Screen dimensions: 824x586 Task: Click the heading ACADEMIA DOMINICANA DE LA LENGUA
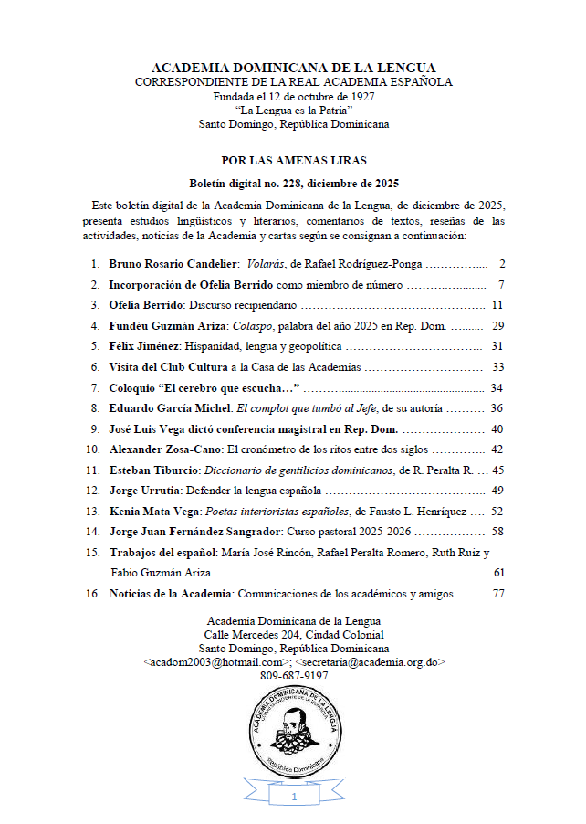pyautogui.click(x=293, y=68)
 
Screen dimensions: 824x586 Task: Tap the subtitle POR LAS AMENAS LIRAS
pyautogui.click(x=293, y=160)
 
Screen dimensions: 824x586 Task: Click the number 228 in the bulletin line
pyautogui.click(x=281, y=183)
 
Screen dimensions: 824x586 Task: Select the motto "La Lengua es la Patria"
pyautogui.click(x=293, y=110)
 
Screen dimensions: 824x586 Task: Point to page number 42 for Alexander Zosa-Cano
pyautogui.click(x=497, y=449)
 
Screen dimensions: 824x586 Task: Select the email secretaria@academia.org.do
pyautogui.click(x=371, y=660)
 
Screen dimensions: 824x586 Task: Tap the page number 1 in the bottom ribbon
pyautogui.click(x=294, y=798)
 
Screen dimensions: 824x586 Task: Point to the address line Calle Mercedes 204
pyautogui.click(x=294, y=634)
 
